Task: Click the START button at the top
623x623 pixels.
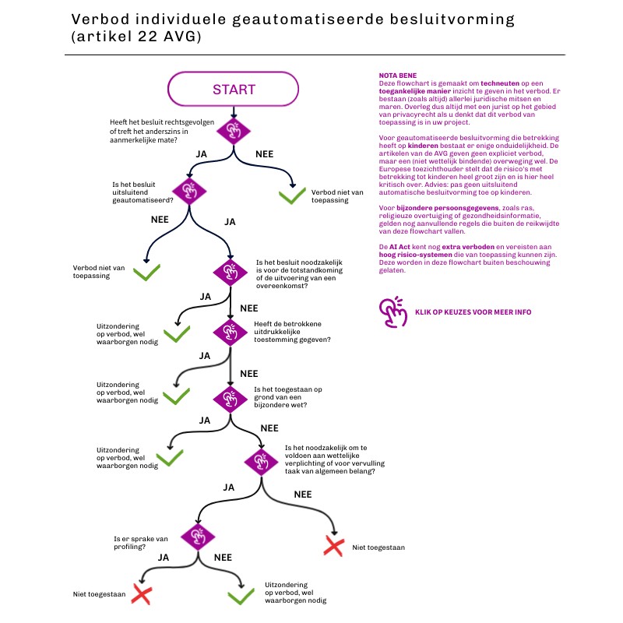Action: pos(234,90)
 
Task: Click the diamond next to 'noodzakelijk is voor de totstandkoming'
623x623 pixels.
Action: pos(231,271)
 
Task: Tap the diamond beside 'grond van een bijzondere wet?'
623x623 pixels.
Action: pos(231,398)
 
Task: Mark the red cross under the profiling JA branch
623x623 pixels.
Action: pos(141,595)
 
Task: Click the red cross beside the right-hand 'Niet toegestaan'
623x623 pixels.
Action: pos(333,546)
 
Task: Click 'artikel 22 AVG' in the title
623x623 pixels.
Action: pos(136,37)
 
